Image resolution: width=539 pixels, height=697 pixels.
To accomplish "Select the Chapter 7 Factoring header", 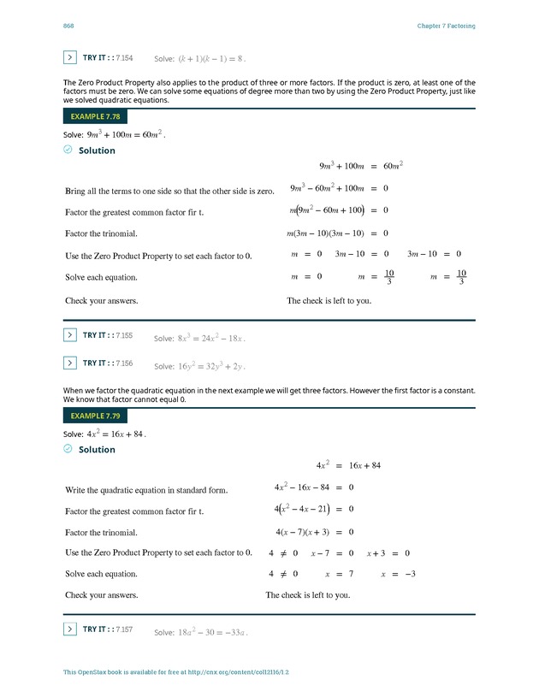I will (x=446, y=26).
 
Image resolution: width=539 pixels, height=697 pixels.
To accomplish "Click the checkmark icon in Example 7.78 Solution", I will (x=68, y=150).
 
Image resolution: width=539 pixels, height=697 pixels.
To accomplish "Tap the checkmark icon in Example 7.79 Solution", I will (x=68, y=449).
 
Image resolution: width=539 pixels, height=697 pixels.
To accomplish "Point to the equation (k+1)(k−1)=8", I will (x=210, y=59).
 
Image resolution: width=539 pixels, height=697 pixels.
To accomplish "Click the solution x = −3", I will (x=398, y=574).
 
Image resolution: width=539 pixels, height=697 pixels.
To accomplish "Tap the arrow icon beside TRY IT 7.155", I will (x=70, y=335).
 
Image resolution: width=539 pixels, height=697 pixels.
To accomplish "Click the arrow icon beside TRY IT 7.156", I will (x=70, y=363).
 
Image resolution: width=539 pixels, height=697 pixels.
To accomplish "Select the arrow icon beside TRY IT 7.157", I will (x=70, y=629).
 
